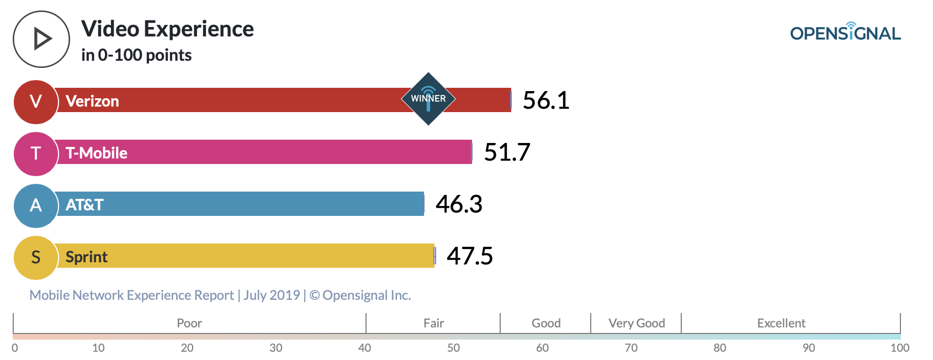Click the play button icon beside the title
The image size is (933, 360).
pyautogui.click(x=41, y=39)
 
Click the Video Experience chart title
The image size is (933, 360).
pyautogui.click(x=167, y=29)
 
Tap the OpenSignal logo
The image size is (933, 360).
pyautogui.click(x=845, y=33)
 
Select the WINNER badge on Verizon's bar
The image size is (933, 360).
pyautogui.click(x=428, y=99)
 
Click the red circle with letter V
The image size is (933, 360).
pyautogui.click(x=36, y=102)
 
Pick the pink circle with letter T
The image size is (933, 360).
pyautogui.click(x=36, y=153)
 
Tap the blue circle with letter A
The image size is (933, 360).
pyautogui.click(x=36, y=205)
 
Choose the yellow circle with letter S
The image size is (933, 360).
pyautogui.click(x=36, y=257)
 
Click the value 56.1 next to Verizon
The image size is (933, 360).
pyautogui.click(x=545, y=100)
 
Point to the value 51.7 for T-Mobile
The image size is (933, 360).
pyautogui.click(x=507, y=152)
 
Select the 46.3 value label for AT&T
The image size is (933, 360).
pyautogui.click(x=459, y=204)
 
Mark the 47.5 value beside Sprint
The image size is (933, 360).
pyautogui.click(x=469, y=256)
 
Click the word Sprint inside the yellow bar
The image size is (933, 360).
pyautogui.click(x=87, y=257)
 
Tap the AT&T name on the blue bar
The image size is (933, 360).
pyautogui.click(x=84, y=205)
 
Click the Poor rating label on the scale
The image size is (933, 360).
pyautogui.click(x=189, y=323)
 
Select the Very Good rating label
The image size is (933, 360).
pyautogui.click(x=637, y=323)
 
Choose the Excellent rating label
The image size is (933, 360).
pyautogui.click(x=781, y=323)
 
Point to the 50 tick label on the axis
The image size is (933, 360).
pyautogui.click(x=453, y=348)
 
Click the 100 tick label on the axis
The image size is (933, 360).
pyautogui.click(x=900, y=348)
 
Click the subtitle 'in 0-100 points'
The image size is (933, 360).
pyautogui.click(x=136, y=55)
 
